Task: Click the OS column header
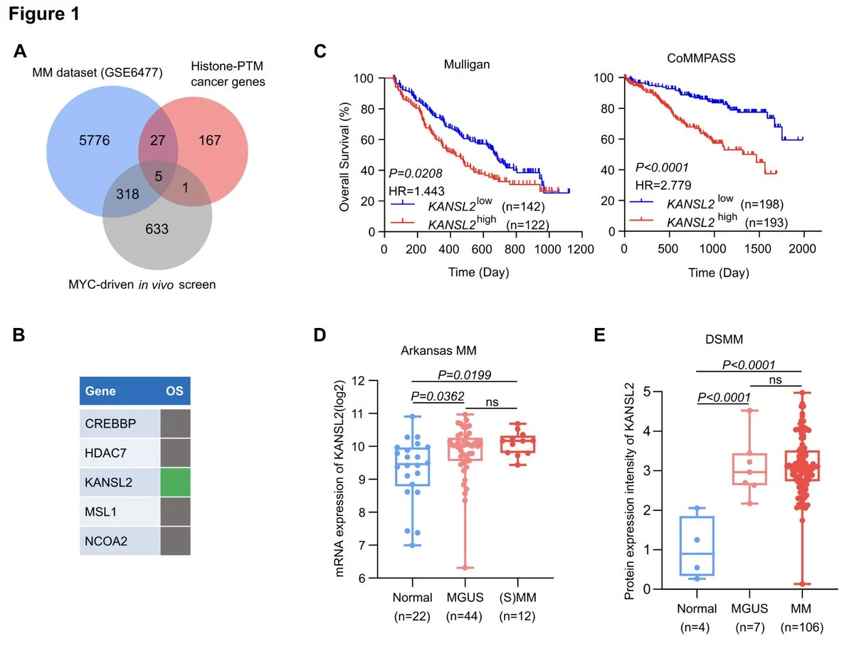174,391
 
